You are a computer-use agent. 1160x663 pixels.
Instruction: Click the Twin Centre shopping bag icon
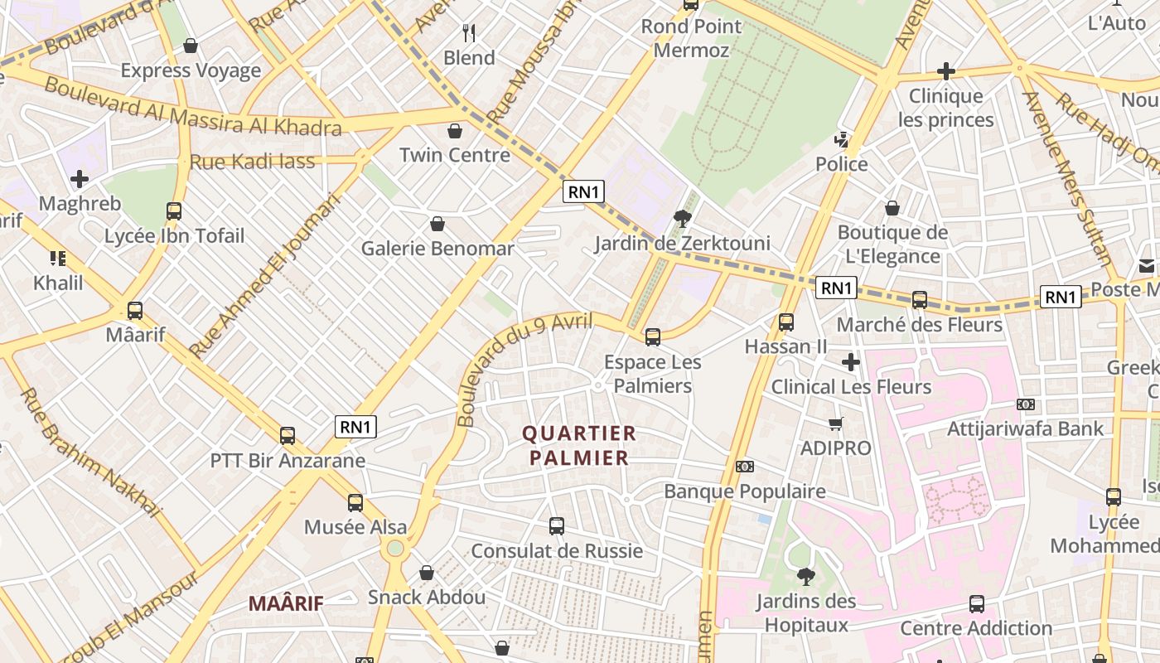[454, 131]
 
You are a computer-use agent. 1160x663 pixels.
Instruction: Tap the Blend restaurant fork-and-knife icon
[469, 33]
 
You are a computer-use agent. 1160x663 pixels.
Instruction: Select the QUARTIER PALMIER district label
[579, 445]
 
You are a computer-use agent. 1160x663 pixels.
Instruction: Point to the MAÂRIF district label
[286, 603]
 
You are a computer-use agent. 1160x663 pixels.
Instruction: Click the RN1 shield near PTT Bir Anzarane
[356, 427]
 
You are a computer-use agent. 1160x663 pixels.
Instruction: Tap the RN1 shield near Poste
[1061, 297]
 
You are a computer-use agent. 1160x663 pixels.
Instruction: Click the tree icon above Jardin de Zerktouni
[683, 219]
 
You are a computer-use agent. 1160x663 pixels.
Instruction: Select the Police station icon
[842, 139]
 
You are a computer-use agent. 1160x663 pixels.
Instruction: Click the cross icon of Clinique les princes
[945, 71]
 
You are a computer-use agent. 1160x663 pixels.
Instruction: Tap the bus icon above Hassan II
[785, 322]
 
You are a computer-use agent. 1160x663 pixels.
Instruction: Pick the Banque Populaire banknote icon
[744, 467]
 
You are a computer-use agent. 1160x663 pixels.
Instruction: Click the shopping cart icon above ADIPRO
[836, 423]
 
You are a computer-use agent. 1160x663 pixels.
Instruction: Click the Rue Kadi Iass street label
[253, 162]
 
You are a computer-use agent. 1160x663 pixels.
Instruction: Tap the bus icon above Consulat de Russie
[557, 525]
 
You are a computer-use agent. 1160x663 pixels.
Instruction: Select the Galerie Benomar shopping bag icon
[437, 224]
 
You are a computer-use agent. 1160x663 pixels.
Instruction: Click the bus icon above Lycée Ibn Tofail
[173, 211]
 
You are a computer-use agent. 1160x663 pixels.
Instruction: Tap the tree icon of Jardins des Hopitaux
[805, 576]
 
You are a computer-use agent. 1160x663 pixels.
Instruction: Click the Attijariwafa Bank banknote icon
[1026, 404]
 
